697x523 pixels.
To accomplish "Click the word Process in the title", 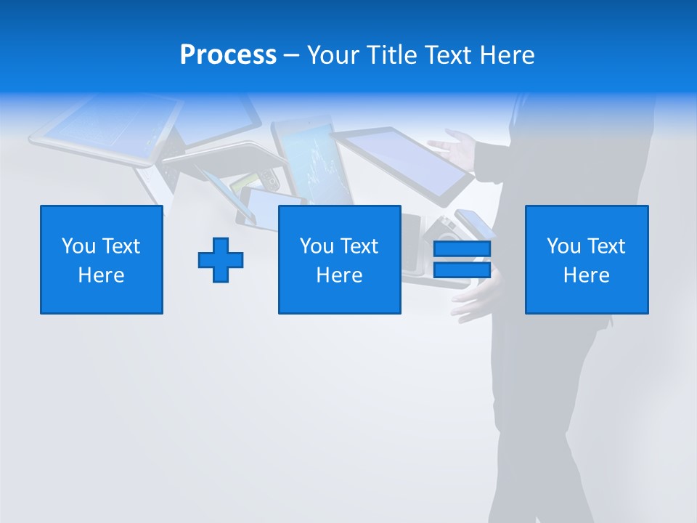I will tap(228, 55).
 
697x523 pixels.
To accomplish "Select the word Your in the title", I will tap(332, 55).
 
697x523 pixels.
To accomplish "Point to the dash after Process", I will tap(291, 56).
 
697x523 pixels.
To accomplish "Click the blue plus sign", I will tap(221, 260).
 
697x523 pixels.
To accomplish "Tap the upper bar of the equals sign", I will tap(462, 249).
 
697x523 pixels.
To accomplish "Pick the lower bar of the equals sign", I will tap(462, 269).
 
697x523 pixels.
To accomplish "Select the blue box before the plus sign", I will tap(102, 259).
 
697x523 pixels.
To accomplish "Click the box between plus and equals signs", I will tap(339, 259).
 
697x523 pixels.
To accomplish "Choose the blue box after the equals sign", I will tap(587, 259).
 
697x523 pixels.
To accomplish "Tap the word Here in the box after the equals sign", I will tap(587, 275).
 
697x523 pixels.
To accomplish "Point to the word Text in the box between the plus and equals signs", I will tap(359, 246).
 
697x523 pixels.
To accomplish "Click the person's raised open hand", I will tap(452, 147).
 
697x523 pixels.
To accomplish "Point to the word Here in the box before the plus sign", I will tap(102, 275).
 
